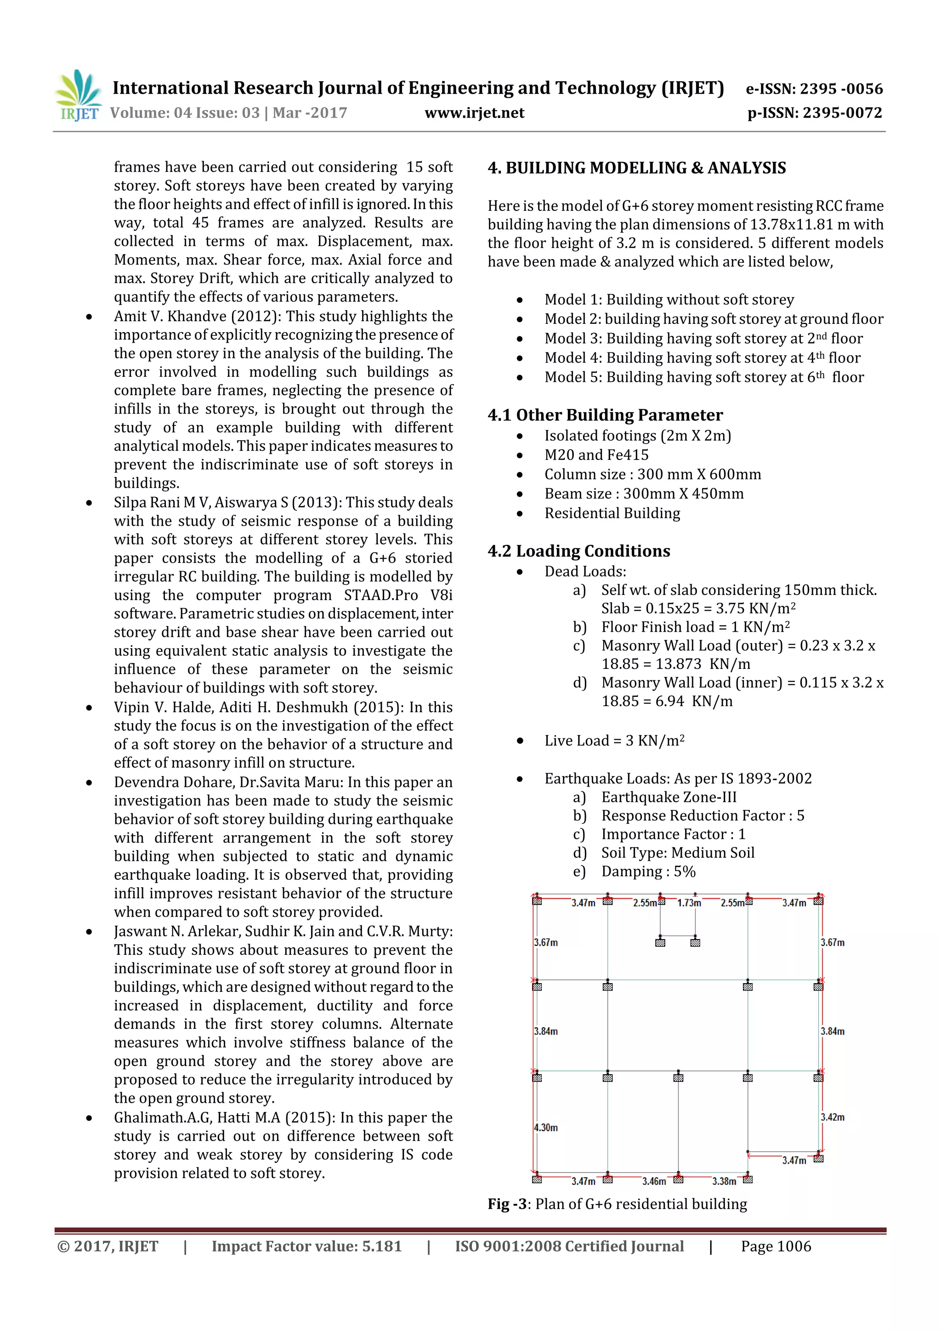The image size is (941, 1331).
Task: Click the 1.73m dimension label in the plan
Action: point(689,903)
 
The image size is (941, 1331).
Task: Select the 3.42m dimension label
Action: point(832,1117)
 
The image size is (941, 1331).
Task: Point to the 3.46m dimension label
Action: point(654,1181)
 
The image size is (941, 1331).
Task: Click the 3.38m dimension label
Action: point(724,1181)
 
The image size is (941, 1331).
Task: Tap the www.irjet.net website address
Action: point(474,113)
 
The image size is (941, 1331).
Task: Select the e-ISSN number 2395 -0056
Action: point(814,89)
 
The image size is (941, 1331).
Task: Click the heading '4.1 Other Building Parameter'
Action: point(605,415)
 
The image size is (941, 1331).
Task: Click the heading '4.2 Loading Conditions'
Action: point(578,551)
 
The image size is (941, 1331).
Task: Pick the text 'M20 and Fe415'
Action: point(596,455)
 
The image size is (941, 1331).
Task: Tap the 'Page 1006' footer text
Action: point(776,1246)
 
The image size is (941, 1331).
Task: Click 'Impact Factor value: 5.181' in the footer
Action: point(306,1246)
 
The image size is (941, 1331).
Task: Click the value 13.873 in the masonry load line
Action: point(678,664)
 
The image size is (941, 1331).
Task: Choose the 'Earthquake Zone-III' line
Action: point(669,797)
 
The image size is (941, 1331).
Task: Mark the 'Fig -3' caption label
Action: point(507,1204)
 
